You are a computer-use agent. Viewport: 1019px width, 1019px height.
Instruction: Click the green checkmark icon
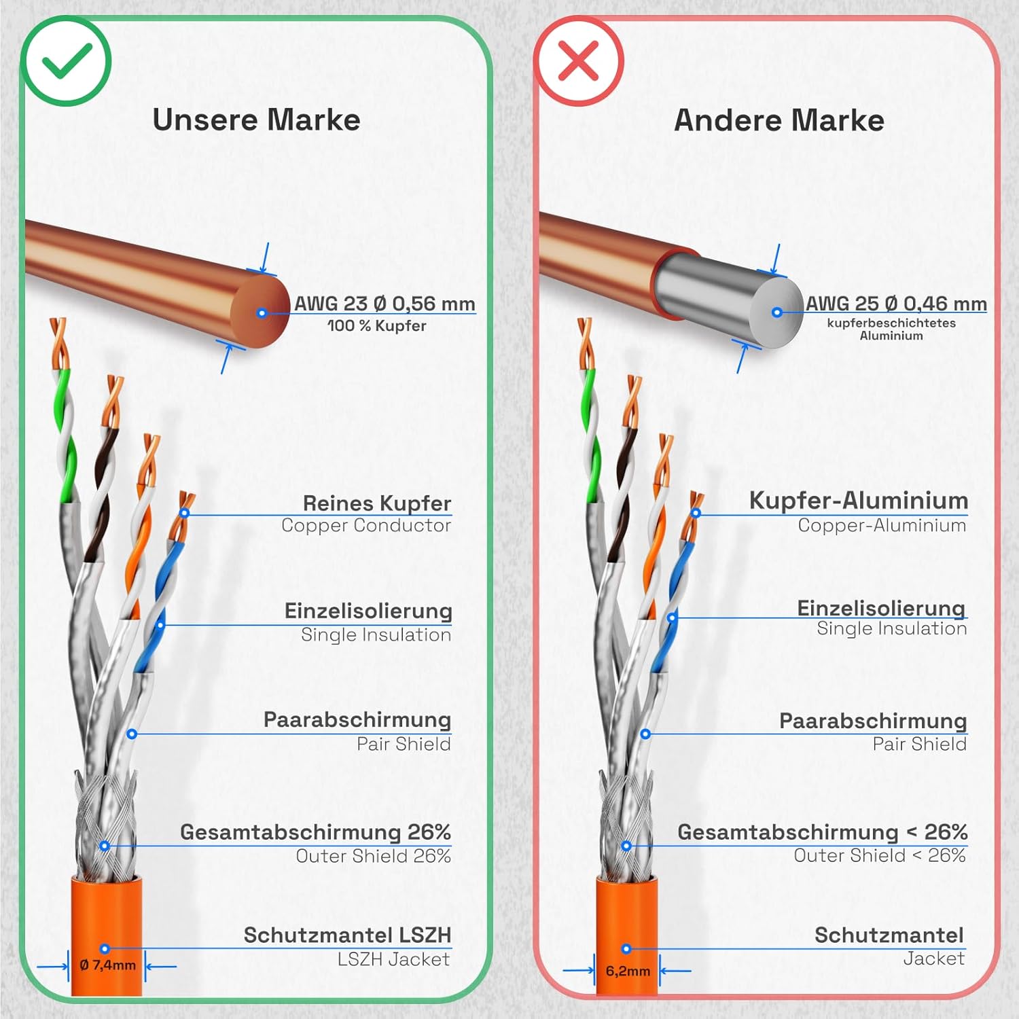pyautogui.click(x=66, y=61)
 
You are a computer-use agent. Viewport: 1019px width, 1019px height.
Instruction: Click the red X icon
pyautogui.click(x=578, y=61)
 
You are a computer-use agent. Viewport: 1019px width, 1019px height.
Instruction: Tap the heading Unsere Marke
pyautogui.click(x=256, y=120)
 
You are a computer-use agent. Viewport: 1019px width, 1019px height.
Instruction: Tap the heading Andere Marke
pyautogui.click(x=779, y=121)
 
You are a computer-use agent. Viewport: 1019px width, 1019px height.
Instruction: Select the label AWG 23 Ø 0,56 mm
pyautogui.click(x=385, y=304)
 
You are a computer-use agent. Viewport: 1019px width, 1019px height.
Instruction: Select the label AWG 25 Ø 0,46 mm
pyautogui.click(x=896, y=304)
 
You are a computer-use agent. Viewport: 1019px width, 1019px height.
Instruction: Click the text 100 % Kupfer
pyautogui.click(x=377, y=326)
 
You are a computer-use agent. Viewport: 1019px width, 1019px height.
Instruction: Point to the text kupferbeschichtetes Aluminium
pyautogui.click(x=891, y=329)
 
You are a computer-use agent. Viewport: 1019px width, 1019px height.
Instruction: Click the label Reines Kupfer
pyautogui.click(x=377, y=503)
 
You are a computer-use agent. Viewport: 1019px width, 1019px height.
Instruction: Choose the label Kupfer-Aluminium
pyautogui.click(x=859, y=501)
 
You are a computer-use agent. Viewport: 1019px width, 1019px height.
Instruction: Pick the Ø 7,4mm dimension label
pyautogui.click(x=107, y=965)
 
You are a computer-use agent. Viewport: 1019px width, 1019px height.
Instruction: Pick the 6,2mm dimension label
pyautogui.click(x=628, y=971)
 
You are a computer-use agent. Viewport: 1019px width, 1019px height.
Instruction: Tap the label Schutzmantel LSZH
pyautogui.click(x=347, y=935)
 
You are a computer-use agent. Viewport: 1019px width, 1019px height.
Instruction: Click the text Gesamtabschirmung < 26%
pyautogui.click(x=822, y=832)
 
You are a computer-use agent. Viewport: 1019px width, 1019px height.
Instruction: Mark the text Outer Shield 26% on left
pyautogui.click(x=373, y=856)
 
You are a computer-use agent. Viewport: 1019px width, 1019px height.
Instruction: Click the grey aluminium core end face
pyautogui.click(x=776, y=312)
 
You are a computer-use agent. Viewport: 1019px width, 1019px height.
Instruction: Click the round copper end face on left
pyautogui.click(x=261, y=312)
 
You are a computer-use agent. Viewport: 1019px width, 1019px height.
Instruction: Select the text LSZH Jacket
pyautogui.click(x=393, y=959)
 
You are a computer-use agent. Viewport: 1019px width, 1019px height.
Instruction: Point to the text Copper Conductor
pyautogui.click(x=366, y=525)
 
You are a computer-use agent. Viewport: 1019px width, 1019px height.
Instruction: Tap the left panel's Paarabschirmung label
pyautogui.click(x=357, y=720)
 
